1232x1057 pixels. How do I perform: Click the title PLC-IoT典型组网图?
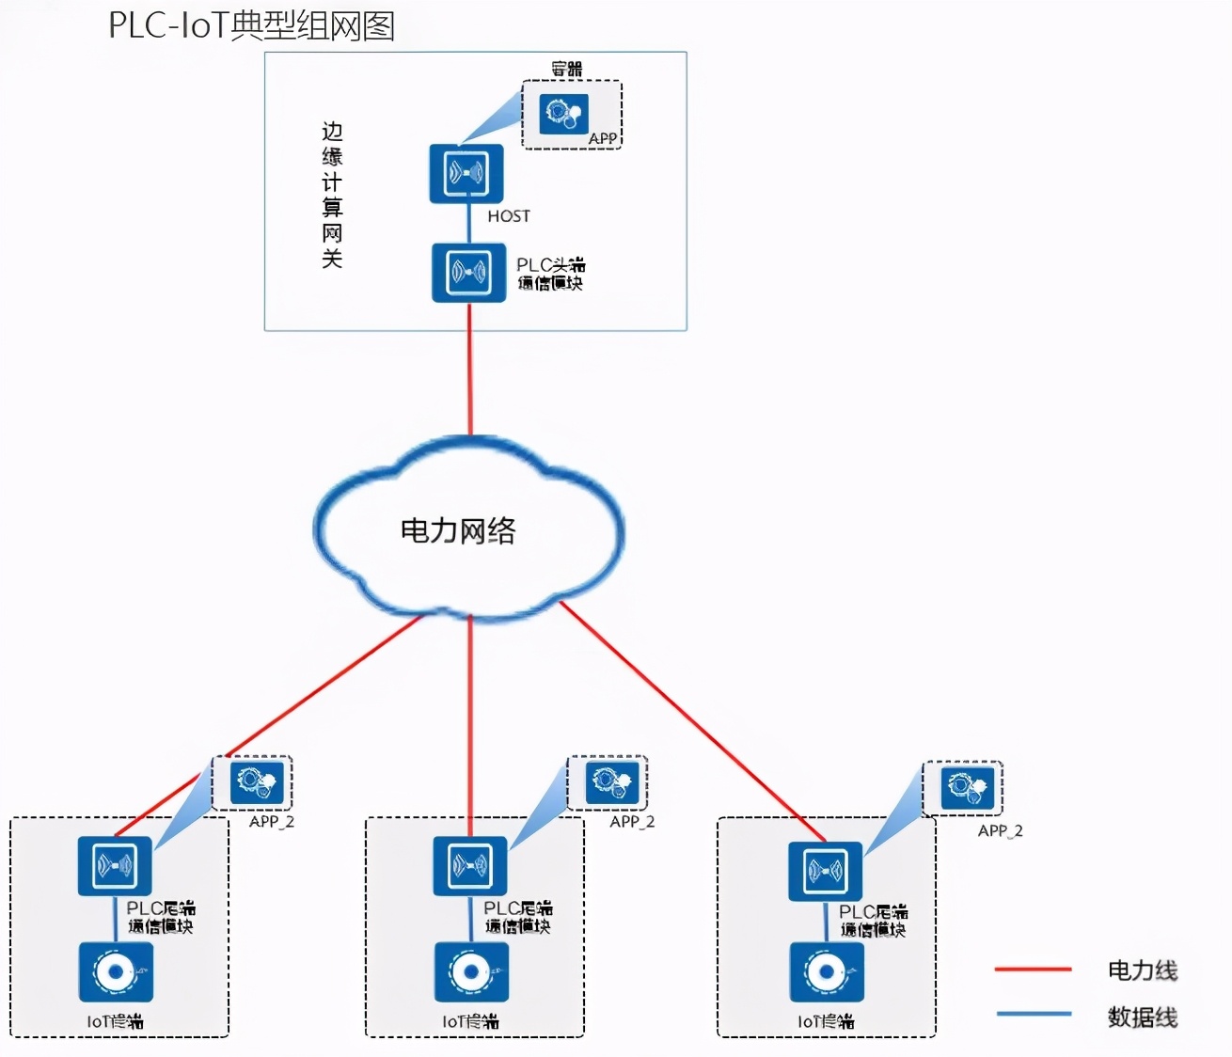251,25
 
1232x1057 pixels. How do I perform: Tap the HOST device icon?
466,173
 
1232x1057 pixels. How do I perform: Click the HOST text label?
509,216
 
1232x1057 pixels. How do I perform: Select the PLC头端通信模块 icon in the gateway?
468,273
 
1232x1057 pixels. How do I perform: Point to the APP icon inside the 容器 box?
564,114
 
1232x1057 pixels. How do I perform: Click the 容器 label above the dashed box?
567,69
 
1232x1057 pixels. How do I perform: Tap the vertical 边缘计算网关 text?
332,195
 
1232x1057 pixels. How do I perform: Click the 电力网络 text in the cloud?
458,531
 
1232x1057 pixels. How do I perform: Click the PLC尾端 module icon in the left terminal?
115,866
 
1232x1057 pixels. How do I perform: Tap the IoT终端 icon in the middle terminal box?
470,971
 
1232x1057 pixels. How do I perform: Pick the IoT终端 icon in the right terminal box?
827,971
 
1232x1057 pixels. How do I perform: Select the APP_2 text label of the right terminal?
1000,831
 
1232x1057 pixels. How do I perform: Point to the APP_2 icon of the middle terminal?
611,781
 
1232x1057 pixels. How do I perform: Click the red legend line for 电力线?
1033,969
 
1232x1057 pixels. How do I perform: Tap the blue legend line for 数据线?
1033,1014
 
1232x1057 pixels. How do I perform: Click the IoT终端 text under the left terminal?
115,1021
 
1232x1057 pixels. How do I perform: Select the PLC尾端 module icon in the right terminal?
825,871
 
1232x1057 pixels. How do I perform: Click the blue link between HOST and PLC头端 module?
469,224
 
